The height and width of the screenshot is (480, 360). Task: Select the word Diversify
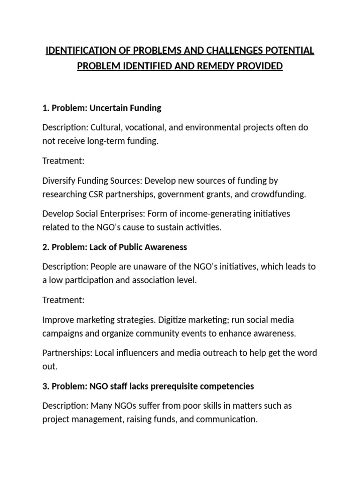pos(59,180)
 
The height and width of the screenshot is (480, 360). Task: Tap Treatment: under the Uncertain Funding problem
pos(63,161)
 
